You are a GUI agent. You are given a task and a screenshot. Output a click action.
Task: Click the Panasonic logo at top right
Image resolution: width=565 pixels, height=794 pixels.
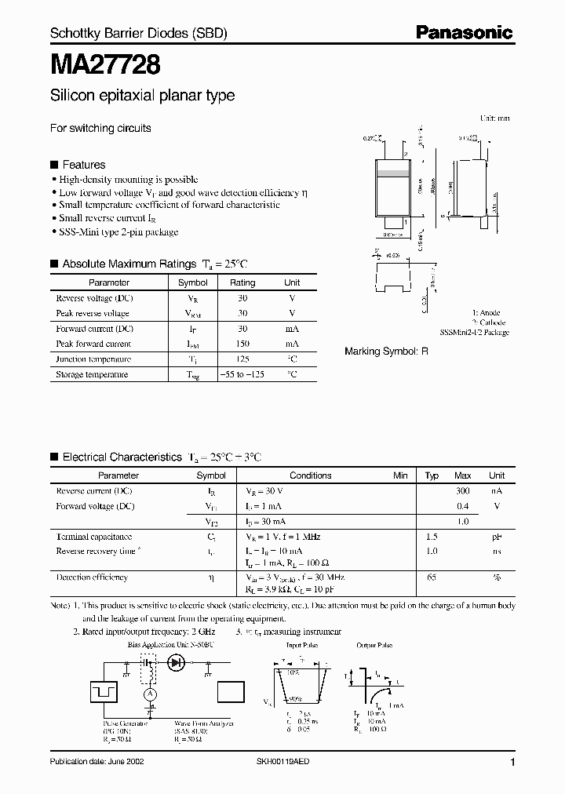[464, 33]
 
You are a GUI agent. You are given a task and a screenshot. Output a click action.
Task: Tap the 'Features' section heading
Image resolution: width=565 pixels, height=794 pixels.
[83, 165]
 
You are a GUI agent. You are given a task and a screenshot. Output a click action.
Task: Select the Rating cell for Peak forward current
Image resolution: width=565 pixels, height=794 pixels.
[242, 344]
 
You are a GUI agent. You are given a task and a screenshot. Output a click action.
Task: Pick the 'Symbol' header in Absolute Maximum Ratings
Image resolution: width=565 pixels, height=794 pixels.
[193, 282]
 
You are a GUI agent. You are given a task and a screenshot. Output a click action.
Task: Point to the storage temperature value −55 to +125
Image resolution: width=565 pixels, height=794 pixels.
[242, 375]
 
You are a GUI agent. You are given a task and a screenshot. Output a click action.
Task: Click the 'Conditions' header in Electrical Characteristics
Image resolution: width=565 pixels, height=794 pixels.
[311, 475]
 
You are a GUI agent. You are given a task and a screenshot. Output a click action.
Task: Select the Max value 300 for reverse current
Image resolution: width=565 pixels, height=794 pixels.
[463, 490]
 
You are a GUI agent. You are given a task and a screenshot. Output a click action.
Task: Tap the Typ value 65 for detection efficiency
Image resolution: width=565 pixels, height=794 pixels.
[432, 577]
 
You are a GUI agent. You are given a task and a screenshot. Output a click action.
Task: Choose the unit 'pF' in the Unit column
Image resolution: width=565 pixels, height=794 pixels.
[497, 537]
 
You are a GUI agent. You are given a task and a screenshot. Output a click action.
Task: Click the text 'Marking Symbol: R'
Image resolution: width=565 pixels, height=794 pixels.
[387, 351]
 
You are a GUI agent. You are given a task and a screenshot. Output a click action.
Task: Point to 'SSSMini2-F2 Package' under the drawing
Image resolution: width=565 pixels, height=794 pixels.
[475, 333]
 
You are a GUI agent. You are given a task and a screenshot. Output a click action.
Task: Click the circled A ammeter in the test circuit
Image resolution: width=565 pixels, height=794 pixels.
[146, 694]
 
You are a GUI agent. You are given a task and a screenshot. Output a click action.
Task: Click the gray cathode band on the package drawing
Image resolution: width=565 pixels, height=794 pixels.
[394, 173]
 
